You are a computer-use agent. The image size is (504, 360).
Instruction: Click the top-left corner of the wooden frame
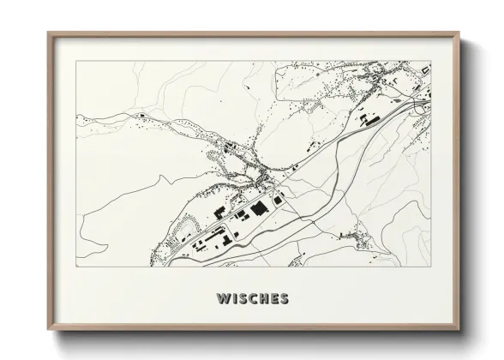pyautogui.click(x=48, y=33)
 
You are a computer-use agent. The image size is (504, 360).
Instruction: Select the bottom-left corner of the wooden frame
pyautogui.click(x=48, y=330)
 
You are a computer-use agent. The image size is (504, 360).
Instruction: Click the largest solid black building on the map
pyautogui.click(x=258, y=209)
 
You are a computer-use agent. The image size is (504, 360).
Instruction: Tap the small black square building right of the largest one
pyautogui.click(x=278, y=199)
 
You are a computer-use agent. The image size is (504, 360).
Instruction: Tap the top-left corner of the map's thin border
pyautogui.click(x=75, y=61)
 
